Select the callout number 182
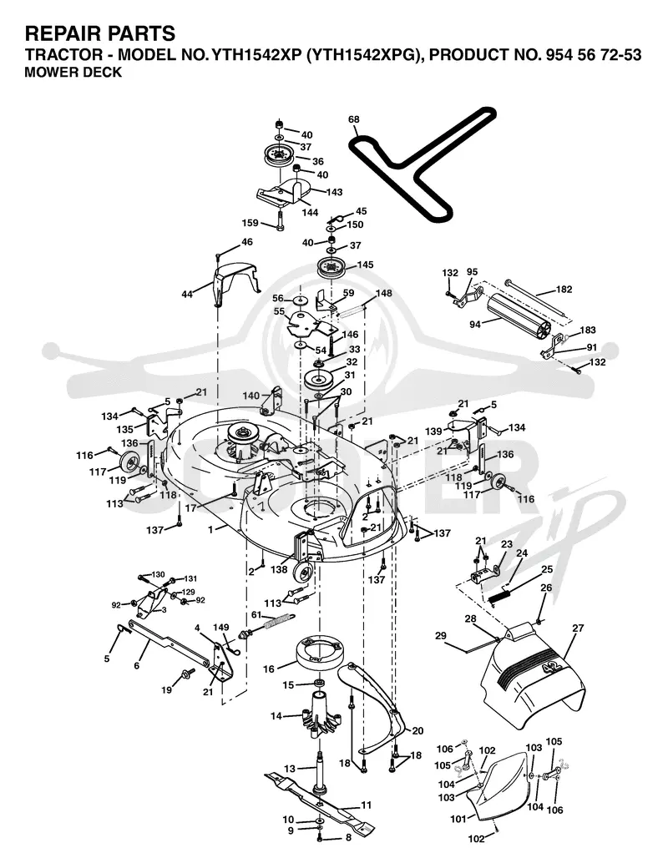click(564, 289)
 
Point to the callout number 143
click(334, 192)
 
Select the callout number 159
click(250, 223)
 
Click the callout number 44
click(187, 295)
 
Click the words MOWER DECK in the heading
click(73, 73)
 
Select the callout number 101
click(458, 819)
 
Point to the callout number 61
click(256, 615)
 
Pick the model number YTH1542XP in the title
click(253, 55)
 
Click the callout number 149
click(221, 627)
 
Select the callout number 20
click(417, 731)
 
